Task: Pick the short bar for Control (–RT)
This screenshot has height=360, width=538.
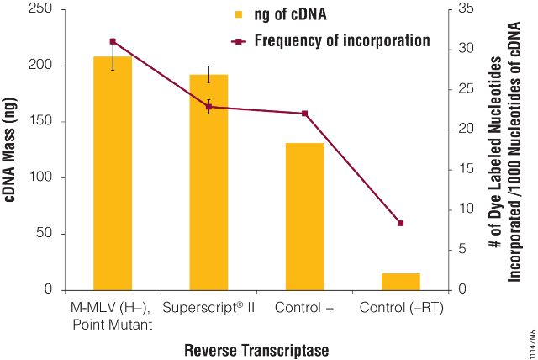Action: click(x=400, y=282)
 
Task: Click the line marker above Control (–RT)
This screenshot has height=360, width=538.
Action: click(x=400, y=223)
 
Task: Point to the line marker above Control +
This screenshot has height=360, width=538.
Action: click(x=304, y=114)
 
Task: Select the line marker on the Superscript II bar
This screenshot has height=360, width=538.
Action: click(x=208, y=107)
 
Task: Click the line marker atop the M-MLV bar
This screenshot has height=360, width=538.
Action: click(x=113, y=41)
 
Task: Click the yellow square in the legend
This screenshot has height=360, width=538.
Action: click(x=239, y=14)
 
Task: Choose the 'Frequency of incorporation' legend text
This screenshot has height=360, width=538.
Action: click(x=342, y=40)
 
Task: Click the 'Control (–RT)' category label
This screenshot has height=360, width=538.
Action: click(x=401, y=308)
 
